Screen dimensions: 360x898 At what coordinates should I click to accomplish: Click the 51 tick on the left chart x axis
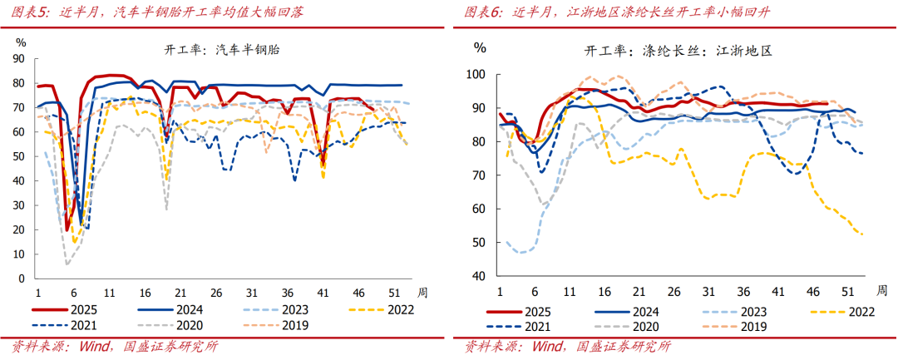click(392, 293)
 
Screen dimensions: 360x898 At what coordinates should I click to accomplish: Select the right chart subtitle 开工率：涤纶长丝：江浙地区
click(678, 51)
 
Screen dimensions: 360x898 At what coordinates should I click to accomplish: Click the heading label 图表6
click(483, 12)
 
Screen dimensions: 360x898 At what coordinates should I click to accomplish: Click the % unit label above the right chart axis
click(480, 47)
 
